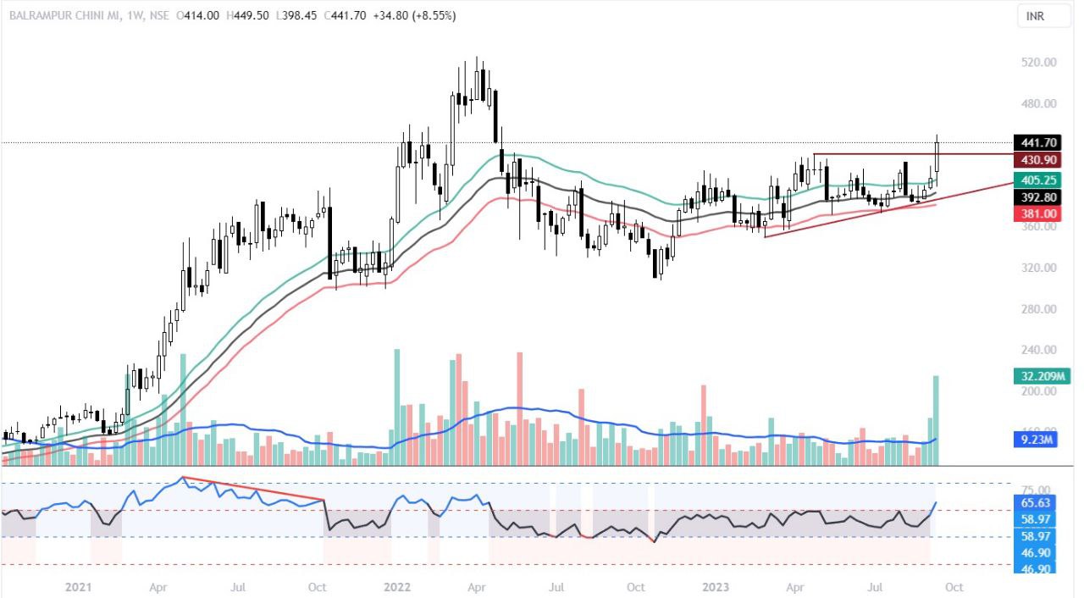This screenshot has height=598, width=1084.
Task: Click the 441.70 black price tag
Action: [1037, 142]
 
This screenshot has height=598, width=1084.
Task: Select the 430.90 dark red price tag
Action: [1037, 159]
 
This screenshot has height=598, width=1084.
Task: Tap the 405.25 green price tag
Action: [1037, 180]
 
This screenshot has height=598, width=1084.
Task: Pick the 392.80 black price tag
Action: [1037, 197]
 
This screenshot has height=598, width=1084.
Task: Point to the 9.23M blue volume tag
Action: [1037, 440]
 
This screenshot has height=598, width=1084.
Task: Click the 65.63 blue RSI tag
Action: [1037, 502]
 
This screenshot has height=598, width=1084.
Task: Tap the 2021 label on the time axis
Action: [78, 586]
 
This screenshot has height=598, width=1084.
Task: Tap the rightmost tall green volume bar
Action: [937, 420]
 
